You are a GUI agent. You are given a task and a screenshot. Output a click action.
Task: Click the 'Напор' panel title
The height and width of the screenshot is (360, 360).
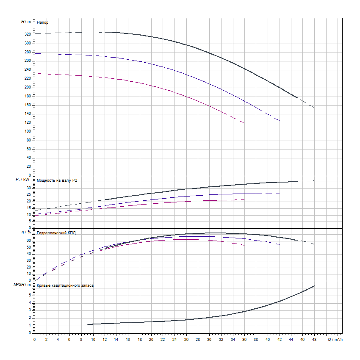42,22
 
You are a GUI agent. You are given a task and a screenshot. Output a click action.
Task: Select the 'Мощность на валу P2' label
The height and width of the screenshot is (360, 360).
57,180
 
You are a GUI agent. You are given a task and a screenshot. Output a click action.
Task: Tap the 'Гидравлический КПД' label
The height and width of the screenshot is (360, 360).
56,233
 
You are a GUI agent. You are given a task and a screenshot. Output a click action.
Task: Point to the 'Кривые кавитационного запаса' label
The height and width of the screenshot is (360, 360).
65,285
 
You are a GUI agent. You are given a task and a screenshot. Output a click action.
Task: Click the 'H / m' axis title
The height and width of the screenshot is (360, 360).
26,21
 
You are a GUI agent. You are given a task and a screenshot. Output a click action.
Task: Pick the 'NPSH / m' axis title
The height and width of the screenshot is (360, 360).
24,285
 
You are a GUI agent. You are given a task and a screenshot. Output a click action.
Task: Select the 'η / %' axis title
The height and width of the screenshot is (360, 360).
26,233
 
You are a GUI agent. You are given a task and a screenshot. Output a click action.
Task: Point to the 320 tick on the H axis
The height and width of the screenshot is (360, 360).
28,34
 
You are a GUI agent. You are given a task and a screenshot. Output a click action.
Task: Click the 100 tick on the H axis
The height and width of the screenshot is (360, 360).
28,131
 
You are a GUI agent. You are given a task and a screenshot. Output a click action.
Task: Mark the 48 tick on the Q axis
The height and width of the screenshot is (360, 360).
314,340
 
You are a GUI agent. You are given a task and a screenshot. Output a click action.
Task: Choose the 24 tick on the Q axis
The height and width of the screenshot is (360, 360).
174,340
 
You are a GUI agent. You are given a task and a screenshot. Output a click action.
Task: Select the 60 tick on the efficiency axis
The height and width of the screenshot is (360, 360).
29,241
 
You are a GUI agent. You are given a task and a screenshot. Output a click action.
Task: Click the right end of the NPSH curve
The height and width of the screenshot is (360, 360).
315,286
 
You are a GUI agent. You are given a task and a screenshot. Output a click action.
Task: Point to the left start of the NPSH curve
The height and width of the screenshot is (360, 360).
88,324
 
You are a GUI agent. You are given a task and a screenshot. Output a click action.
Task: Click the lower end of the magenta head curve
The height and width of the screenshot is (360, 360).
244,123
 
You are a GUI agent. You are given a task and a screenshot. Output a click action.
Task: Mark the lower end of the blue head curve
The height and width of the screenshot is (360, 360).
280,121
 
